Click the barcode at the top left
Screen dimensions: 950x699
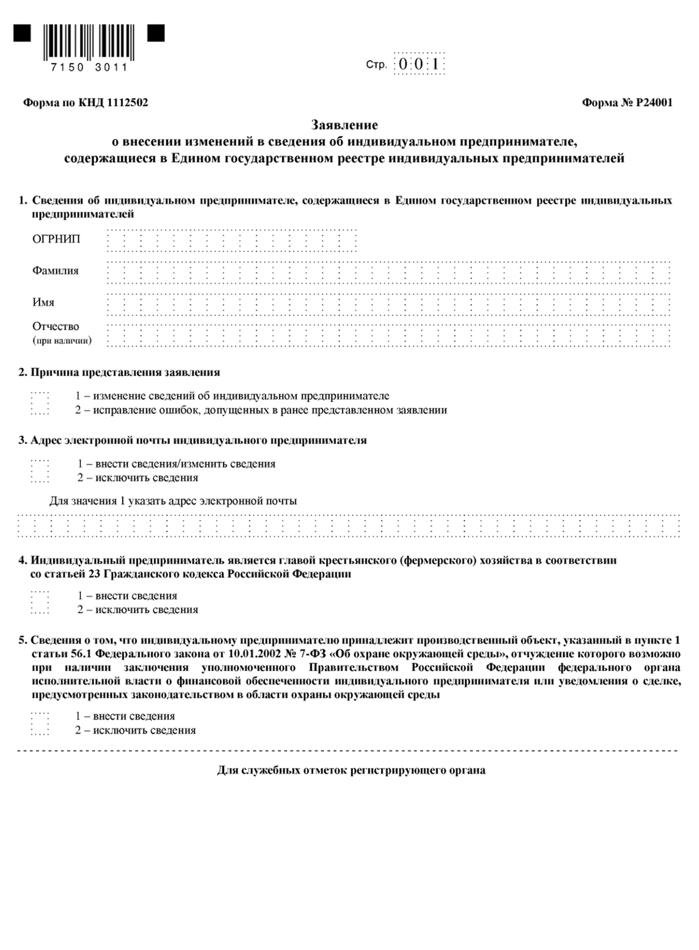89,42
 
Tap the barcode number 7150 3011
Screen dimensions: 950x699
89,68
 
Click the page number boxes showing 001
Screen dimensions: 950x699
419,64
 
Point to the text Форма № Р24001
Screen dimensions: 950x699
627,103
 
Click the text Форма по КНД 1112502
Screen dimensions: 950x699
85,103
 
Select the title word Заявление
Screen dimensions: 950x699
344,125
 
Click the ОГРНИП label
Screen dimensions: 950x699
56,239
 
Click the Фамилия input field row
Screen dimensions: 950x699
388,272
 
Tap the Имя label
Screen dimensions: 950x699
43,302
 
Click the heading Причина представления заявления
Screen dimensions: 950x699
125,372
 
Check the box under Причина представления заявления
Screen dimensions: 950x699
40,403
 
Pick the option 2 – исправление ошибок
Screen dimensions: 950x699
261,410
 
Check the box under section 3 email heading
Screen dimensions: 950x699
40,471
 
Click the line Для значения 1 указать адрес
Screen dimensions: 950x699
173,501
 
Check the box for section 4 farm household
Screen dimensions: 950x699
40,602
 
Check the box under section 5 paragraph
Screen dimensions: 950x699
40,723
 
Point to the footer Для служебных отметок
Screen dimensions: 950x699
351,770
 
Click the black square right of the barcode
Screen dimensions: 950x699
156,33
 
